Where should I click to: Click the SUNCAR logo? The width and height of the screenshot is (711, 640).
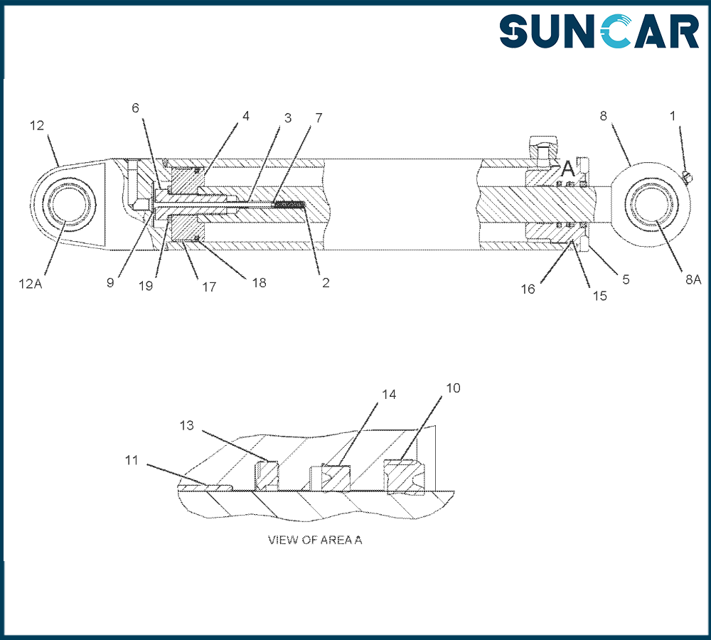(x=599, y=31)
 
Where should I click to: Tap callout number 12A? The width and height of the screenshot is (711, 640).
(x=31, y=284)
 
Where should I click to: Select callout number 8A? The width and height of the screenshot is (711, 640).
(x=693, y=279)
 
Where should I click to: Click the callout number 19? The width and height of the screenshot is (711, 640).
(x=146, y=286)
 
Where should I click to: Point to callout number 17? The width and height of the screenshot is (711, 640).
(x=209, y=287)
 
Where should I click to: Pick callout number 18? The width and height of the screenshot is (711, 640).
(x=259, y=282)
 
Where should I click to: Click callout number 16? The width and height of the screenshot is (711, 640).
(x=528, y=289)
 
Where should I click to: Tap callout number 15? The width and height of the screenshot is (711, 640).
(x=599, y=296)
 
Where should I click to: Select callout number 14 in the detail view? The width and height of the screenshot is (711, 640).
(x=389, y=395)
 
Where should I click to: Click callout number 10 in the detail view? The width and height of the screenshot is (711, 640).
(x=453, y=388)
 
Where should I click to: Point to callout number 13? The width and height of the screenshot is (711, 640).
(x=186, y=425)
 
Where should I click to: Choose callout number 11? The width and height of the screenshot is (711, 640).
(x=132, y=460)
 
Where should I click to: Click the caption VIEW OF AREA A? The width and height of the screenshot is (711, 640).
(x=315, y=540)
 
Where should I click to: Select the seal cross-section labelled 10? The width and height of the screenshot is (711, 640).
(x=405, y=475)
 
